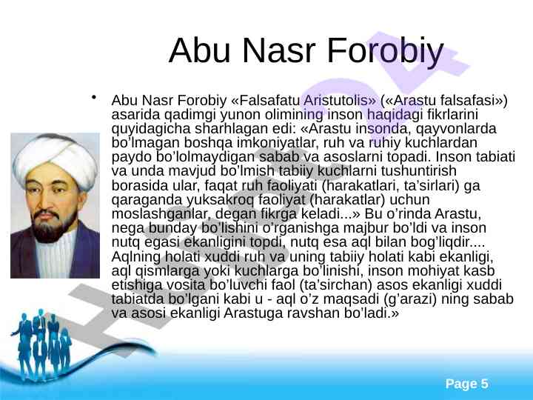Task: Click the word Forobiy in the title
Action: (385, 51)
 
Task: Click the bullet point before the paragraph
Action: (93, 97)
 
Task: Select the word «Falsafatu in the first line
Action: (265, 100)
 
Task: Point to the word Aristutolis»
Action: (340, 100)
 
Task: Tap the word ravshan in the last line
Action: (314, 313)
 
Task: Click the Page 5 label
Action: (466, 384)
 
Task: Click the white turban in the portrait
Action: (55, 160)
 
